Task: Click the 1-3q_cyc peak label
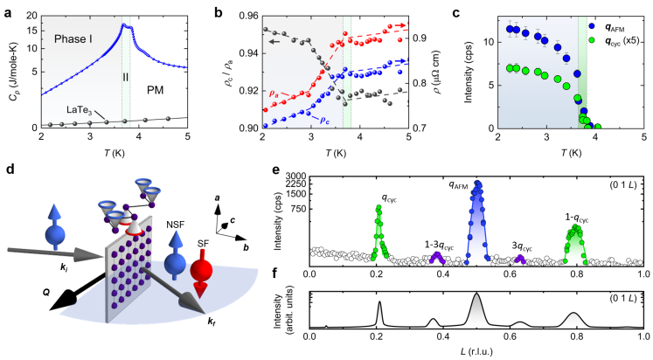(x=435, y=246)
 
